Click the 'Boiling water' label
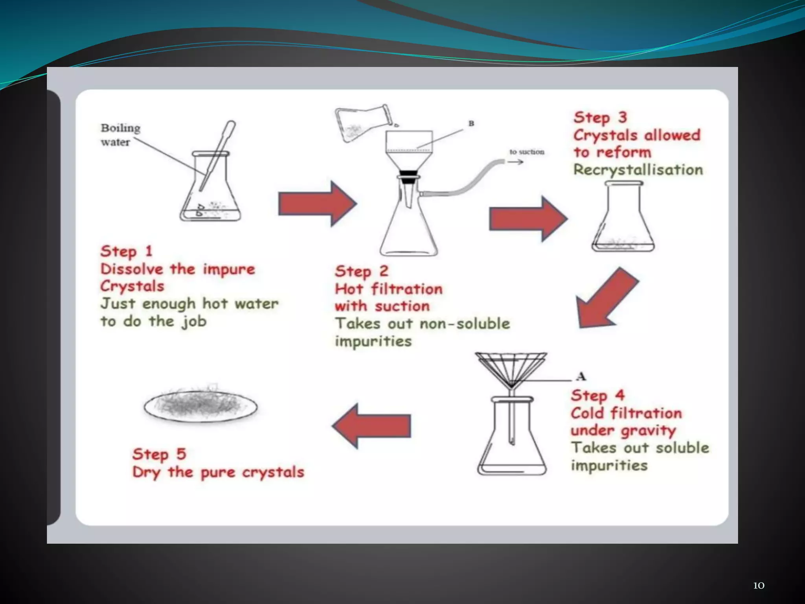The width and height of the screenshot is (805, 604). tap(120, 135)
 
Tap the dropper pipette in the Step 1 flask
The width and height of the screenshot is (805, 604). tap(217, 155)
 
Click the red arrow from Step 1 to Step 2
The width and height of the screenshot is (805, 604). tap(317, 204)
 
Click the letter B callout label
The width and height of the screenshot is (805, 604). tap(471, 123)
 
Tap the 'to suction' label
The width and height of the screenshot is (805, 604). tap(527, 152)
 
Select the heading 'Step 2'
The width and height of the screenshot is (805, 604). tap(361, 271)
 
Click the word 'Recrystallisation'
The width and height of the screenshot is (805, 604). tap(638, 170)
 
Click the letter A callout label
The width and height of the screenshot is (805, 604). tap(581, 376)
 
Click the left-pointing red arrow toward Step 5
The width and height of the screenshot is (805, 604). tap(372, 426)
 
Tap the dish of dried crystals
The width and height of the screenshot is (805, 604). tap(200, 405)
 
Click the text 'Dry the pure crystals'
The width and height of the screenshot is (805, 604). tap(218, 472)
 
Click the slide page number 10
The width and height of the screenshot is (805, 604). tap(758, 586)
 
